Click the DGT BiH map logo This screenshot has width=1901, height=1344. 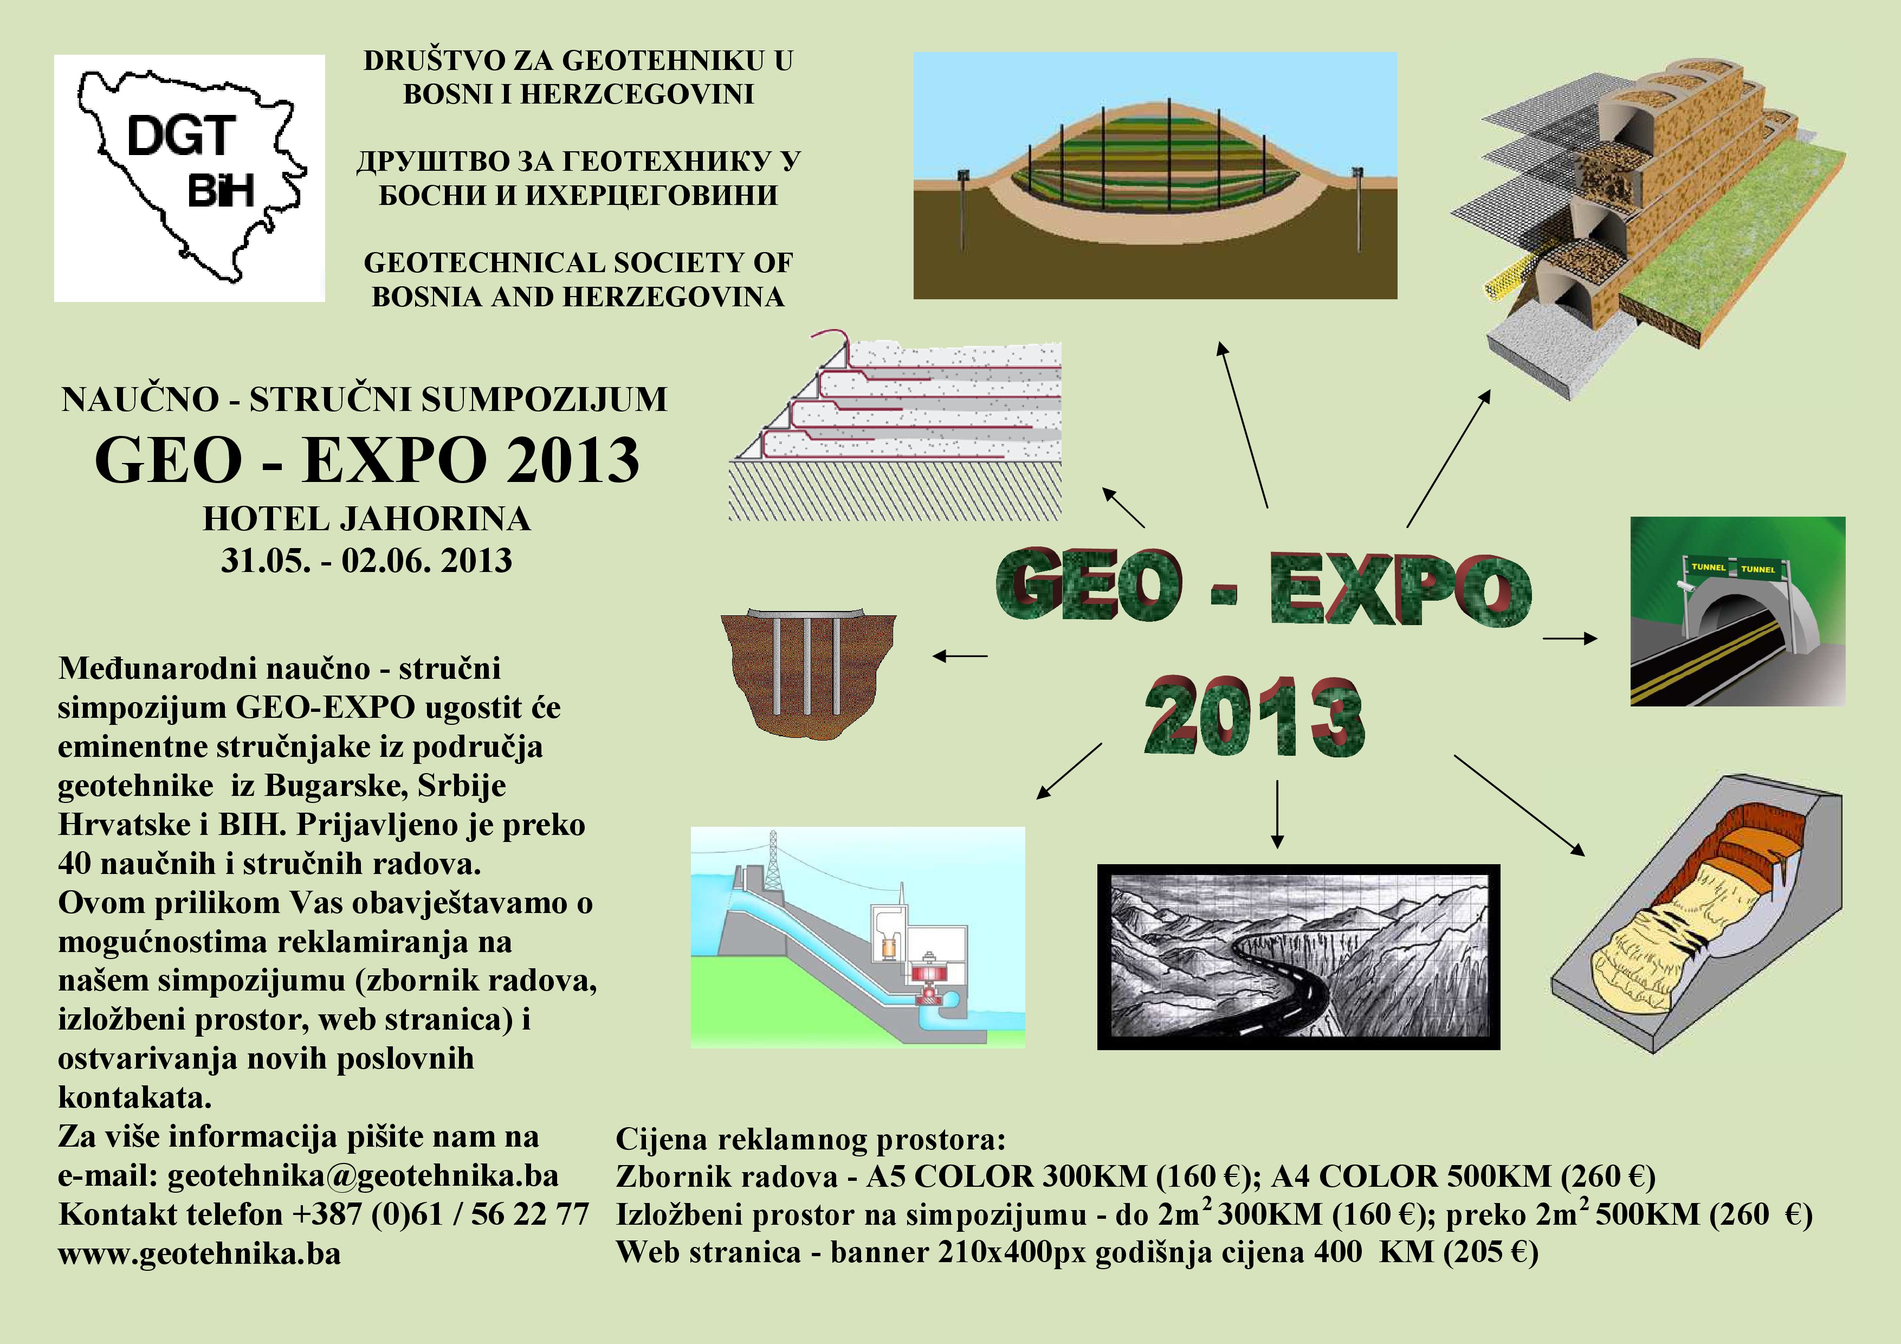(x=190, y=177)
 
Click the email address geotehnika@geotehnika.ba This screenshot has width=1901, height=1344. (x=363, y=1176)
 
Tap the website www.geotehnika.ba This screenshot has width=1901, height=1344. (x=199, y=1254)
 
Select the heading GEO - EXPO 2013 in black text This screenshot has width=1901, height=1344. (x=367, y=460)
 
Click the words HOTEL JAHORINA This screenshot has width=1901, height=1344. (x=367, y=519)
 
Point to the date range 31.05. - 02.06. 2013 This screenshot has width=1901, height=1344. (x=367, y=561)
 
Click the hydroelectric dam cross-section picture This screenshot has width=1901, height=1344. (x=858, y=937)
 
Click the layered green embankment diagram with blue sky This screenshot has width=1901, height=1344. (x=1155, y=176)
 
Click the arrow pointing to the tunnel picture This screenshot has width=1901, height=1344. (x=1570, y=638)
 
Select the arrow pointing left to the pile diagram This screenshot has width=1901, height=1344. (x=960, y=656)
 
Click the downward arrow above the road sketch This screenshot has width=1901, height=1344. (x=1278, y=814)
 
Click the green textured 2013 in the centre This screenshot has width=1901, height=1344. (x=1255, y=716)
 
